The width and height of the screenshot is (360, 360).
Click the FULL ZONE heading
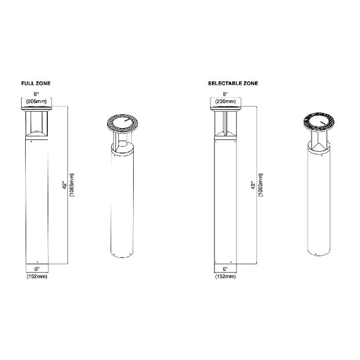point(36,83)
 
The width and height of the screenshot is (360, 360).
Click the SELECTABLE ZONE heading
point(233,83)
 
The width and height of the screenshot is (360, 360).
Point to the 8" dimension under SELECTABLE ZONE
point(225,95)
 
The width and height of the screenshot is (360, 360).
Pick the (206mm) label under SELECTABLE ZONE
point(225,101)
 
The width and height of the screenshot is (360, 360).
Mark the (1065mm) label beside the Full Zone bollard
point(72,185)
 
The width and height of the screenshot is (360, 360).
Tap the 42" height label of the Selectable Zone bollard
point(253,185)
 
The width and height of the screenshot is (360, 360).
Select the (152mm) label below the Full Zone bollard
point(37,277)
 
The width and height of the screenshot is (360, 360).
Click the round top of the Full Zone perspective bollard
point(123,121)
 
